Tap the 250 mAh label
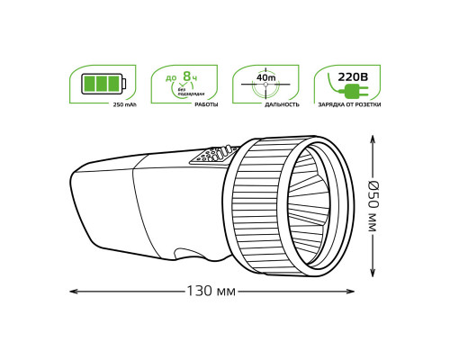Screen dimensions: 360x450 [124, 105]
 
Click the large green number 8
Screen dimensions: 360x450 [187, 76]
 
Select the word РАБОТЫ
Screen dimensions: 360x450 [206, 105]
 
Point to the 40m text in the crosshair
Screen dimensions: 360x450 [265, 78]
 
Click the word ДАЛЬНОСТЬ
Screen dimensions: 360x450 [282, 105]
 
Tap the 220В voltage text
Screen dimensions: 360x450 [354, 77]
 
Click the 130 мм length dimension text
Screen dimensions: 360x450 [211, 292]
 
